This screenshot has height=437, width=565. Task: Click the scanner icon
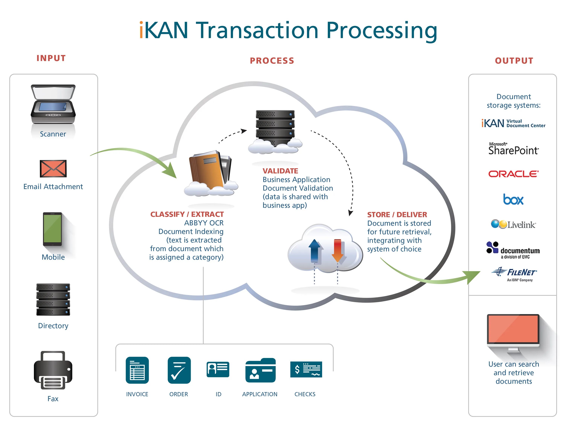[53, 104]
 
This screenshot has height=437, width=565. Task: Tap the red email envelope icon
[53, 169]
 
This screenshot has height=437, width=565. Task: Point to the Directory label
[53, 326]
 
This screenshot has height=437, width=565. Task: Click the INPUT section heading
[51, 58]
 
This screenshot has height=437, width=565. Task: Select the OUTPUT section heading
[514, 61]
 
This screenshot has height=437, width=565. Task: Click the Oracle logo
[514, 174]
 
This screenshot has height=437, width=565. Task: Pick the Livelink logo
[514, 224]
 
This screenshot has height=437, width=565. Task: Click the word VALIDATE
[280, 171]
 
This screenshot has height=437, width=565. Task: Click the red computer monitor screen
[513, 329]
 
